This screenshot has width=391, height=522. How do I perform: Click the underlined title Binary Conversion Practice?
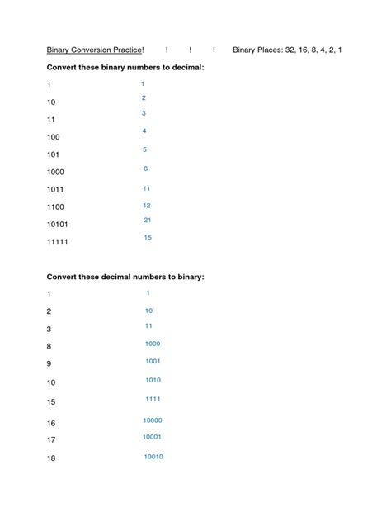click(94, 50)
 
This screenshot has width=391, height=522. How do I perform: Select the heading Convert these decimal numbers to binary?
click(125, 276)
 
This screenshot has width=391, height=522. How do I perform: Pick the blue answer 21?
click(147, 221)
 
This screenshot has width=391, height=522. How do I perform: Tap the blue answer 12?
click(147, 205)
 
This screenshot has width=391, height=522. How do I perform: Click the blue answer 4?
click(144, 130)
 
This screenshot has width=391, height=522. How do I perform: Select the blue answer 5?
click(144, 149)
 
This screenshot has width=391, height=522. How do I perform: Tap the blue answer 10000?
click(153, 420)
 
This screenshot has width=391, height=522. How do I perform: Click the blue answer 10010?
click(153, 456)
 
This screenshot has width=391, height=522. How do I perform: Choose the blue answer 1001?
click(153, 361)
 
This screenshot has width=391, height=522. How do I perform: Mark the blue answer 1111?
click(153, 398)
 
